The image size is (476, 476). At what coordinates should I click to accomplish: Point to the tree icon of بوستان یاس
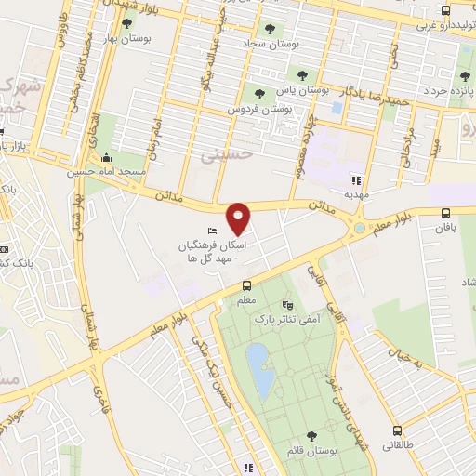[x=303, y=75]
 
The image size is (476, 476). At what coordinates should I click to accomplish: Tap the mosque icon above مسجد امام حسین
[x=106, y=157]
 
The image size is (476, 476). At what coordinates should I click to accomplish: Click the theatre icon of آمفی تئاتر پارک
[x=286, y=303]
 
